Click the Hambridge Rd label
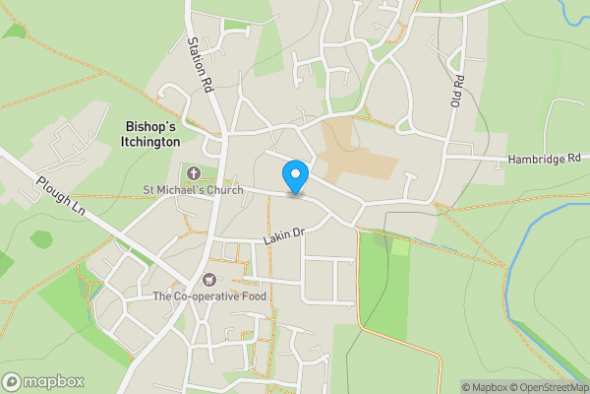544,159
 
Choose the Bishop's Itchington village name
153,134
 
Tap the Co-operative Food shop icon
208,280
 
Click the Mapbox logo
43,381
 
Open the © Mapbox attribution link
483,386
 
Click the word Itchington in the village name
153,142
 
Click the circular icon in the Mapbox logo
12,381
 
